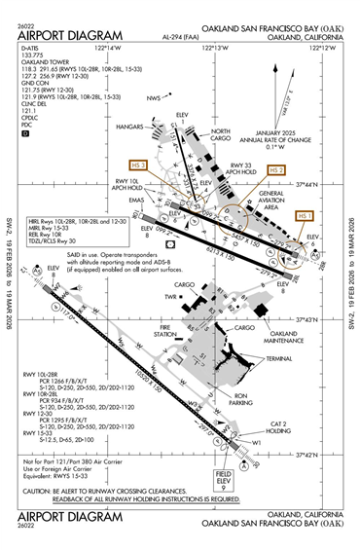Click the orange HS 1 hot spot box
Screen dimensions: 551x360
[x=306, y=214]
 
